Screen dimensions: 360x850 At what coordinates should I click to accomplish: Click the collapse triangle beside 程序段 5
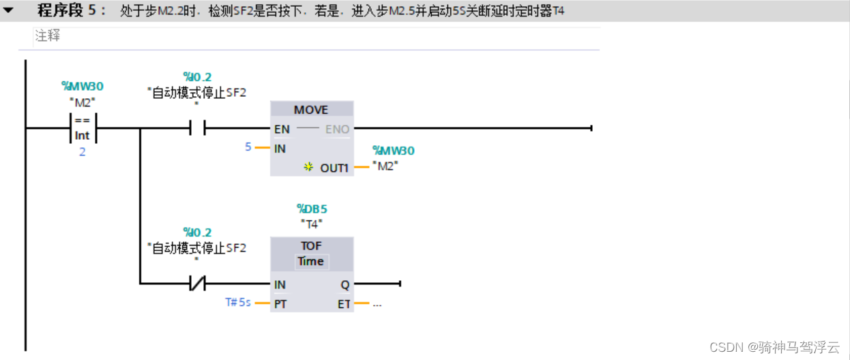[x=9, y=11]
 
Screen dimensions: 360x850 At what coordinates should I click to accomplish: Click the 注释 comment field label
[x=48, y=36]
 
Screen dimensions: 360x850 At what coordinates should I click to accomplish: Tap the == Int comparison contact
[x=83, y=128]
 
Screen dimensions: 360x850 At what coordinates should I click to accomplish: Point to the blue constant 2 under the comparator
[x=83, y=152]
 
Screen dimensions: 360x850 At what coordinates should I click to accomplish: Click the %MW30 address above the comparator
[x=83, y=86]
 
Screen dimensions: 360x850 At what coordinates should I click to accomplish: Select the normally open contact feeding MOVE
[x=197, y=128]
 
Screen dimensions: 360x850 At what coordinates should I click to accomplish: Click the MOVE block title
[x=311, y=110]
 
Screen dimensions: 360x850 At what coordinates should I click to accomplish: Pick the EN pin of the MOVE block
[x=281, y=129]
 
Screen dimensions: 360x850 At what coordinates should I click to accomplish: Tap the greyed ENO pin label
[x=337, y=129]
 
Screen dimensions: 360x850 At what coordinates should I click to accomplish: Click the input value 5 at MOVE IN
[x=248, y=147]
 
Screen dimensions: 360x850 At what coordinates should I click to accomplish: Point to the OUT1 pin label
[x=334, y=167]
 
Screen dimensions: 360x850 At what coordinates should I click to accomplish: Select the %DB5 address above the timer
[x=312, y=209]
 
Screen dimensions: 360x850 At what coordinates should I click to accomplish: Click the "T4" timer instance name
[x=312, y=224]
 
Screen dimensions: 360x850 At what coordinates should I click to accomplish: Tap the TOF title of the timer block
[x=311, y=246]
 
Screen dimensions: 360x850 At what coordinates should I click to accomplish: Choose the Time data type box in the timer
[x=311, y=261]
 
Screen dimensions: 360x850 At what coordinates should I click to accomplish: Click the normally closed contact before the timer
[x=197, y=284]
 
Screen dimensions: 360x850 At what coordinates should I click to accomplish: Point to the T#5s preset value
[x=238, y=302]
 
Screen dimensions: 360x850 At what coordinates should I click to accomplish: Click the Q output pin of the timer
[x=345, y=284]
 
